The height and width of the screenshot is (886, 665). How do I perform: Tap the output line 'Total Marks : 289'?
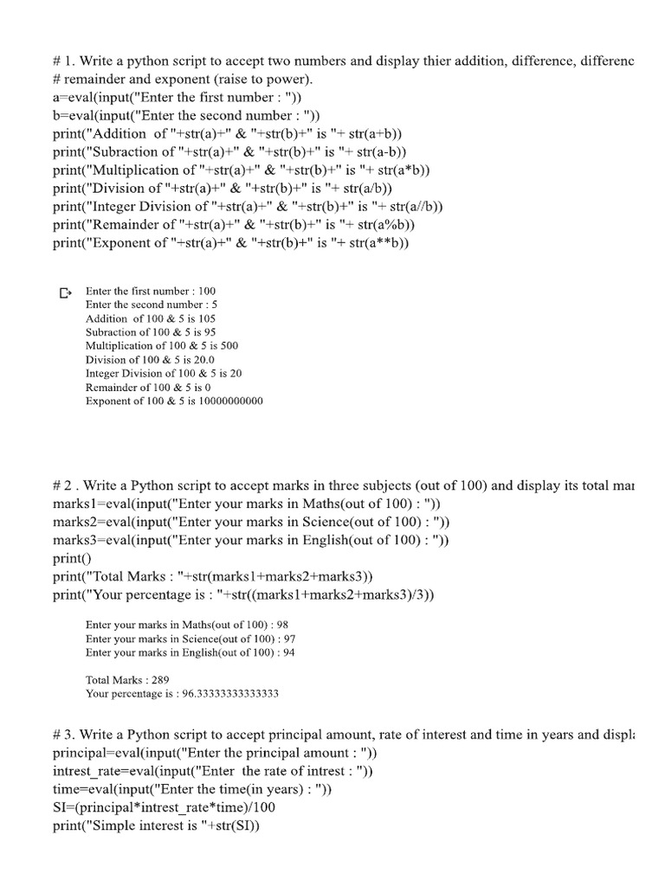click(x=127, y=680)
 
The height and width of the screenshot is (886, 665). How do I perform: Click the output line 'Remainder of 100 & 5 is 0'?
click(x=148, y=388)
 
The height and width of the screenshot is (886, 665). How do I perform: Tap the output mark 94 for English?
click(x=288, y=652)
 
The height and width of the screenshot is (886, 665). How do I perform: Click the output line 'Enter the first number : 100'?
click(x=151, y=292)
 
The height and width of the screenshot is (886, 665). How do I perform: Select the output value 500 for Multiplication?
click(x=229, y=346)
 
